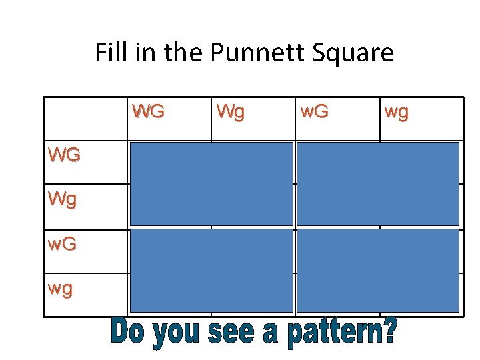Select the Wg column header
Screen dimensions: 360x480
[230, 111]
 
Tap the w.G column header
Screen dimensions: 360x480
[313, 111]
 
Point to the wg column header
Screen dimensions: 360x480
[396, 112]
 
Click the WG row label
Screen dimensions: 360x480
[64, 155]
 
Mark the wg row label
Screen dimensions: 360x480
[61, 289]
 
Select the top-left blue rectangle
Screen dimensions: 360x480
[211, 183]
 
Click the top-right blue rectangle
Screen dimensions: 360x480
[377, 183]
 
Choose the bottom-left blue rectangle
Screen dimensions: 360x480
[211, 271]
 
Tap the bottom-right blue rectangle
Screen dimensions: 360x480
[377, 271]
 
